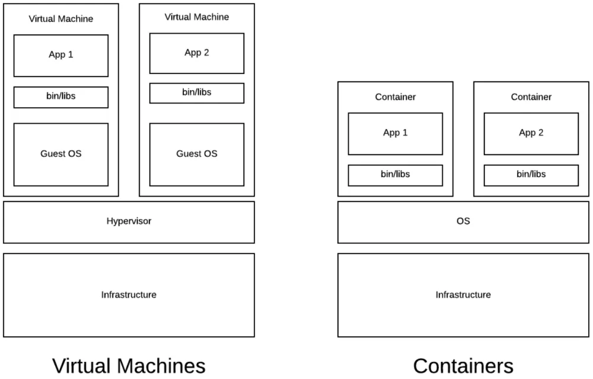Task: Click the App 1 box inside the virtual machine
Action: click(x=61, y=55)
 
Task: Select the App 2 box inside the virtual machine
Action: click(x=197, y=53)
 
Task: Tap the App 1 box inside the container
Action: click(x=395, y=133)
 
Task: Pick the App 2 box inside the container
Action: click(x=531, y=133)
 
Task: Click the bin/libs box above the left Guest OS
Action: click(x=61, y=97)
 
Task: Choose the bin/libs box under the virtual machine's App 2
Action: click(x=197, y=93)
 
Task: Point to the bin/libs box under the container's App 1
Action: click(x=395, y=175)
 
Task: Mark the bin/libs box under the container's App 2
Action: click(x=531, y=175)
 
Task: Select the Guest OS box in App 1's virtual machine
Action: click(x=61, y=154)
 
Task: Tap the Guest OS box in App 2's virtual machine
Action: click(x=197, y=154)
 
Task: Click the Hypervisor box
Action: click(x=129, y=221)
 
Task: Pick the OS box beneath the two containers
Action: click(x=463, y=221)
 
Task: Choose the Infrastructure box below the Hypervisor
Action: click(x=129, y=295)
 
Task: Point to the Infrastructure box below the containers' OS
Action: click(x=463, y=295)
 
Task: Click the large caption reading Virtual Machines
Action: click(x=129, y=365)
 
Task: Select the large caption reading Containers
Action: click(x=463, y=365)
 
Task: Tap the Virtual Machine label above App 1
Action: click(x=61, y=19)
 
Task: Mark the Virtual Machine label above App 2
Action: click(x=197, y=17)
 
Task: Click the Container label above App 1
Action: click(x=395, y=97)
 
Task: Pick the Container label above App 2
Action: click(x=531, y=97)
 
